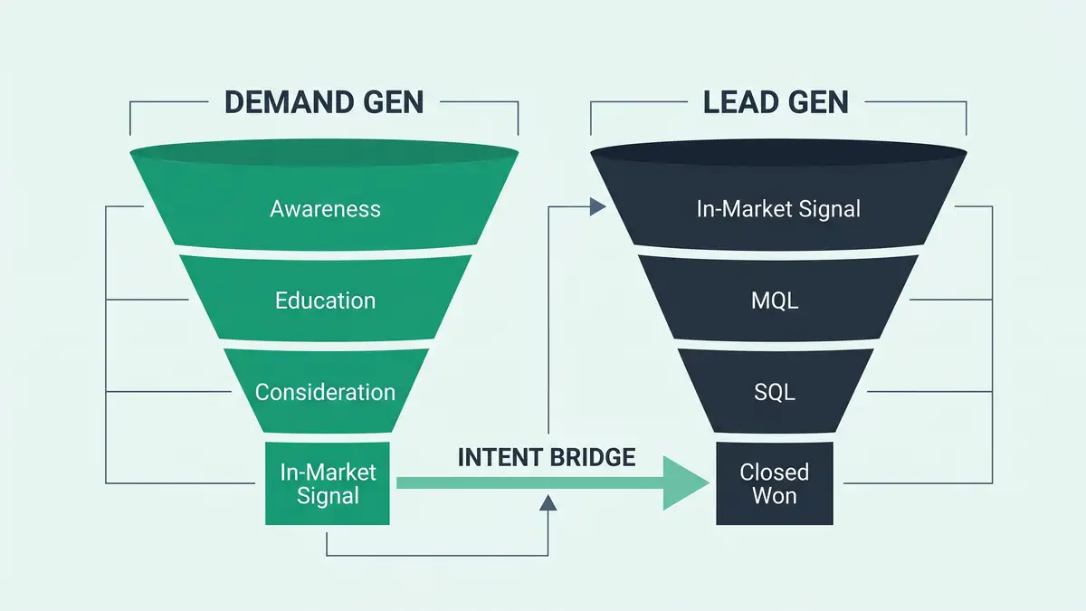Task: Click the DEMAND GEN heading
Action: [324, 101]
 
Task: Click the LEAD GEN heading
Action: [776, 101]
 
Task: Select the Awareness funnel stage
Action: [325, 209]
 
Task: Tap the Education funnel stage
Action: [325, 300]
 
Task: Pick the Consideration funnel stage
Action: [325, 392]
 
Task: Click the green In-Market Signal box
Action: [327, 483]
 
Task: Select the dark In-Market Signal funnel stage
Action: [778, 209]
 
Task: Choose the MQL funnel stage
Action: [775, 300]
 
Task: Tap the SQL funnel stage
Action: [775, 392]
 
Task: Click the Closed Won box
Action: [774, 483]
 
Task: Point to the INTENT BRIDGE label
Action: [547, 457]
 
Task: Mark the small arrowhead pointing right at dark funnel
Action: [597, 207]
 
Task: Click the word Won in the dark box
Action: [774, 495]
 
